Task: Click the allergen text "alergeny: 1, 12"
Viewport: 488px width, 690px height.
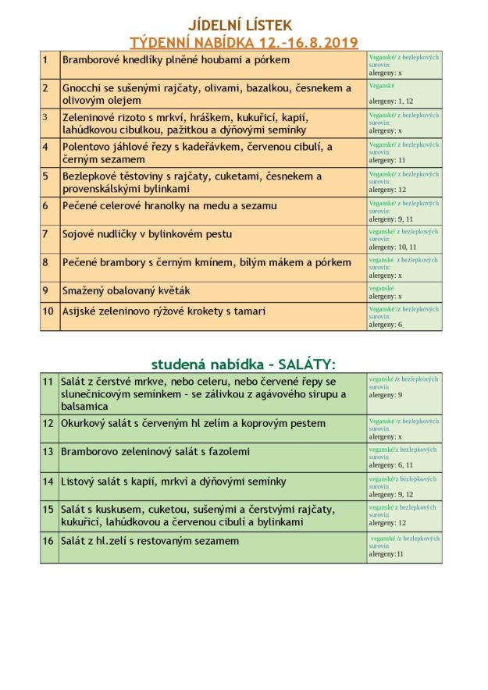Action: (391, 101)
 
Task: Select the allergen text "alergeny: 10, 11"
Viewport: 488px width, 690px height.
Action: (394, 247)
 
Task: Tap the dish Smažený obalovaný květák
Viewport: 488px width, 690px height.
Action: (126, 290)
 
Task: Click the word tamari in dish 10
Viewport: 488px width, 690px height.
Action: (249, 311)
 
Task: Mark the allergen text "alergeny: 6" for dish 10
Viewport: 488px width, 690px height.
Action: (386, 324)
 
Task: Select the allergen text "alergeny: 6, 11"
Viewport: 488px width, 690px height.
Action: (391, 465)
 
